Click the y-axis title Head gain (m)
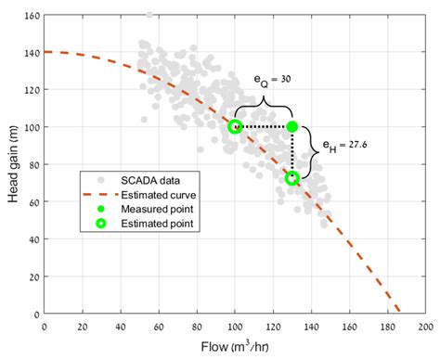(12, 164)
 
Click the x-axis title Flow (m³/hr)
(235, 346)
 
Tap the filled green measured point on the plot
(292, 126)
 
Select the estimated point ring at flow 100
(235, 126)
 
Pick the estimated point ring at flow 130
(292, 177)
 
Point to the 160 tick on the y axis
(32, 16)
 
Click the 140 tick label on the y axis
(32, 53)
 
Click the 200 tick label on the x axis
(425, 326)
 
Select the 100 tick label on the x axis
(235, 326)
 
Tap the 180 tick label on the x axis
(387, 326)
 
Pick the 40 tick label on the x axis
(121, 326)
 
